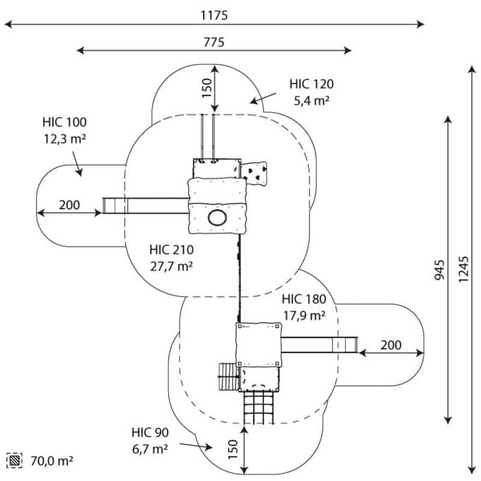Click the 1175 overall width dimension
point(214,15)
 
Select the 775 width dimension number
point(214,42)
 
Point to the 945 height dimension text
point(439,270)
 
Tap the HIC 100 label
point(64,122)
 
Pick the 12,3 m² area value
point(64,139)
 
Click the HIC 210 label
point(171,250)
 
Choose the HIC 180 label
point(303,299)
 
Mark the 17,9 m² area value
point(303,315)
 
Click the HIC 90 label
point(149,432)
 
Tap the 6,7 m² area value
point(149,448)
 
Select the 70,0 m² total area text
point(51,461)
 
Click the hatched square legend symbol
point(15,460)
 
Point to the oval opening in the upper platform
point(217,217)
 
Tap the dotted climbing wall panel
point(256,170)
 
